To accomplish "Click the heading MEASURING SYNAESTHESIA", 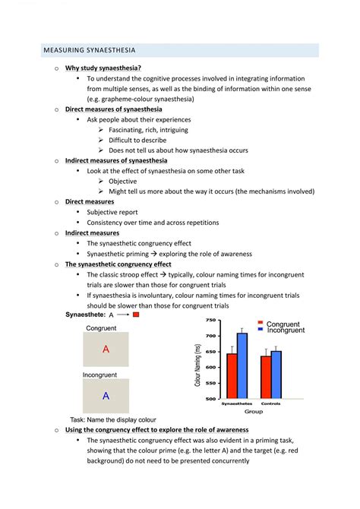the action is pos(90,50).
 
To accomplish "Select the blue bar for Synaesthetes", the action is pos(242,365).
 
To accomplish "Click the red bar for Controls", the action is pos(266,378).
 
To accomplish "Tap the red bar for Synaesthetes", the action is pos(232,376).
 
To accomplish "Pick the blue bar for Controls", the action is pos(276,375).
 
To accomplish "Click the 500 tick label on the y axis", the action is pos(210,399).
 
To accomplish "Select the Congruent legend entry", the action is pos(279,324).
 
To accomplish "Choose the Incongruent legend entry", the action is pos(282,330).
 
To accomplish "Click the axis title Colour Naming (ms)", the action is pos(197,365).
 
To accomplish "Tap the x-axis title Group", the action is pos(254,411).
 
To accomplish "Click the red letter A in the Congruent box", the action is pos(106,349).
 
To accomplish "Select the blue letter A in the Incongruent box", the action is pos(106,396).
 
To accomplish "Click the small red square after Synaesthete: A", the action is pos(136,315).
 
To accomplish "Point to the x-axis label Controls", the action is pos(270,403).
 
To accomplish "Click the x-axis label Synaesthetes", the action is pos(237,403).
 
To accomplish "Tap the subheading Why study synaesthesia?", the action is pos(103,68).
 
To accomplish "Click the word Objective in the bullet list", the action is pos(123,181).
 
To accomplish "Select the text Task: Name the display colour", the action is pos(113,419).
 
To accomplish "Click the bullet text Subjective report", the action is pos(112,212).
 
